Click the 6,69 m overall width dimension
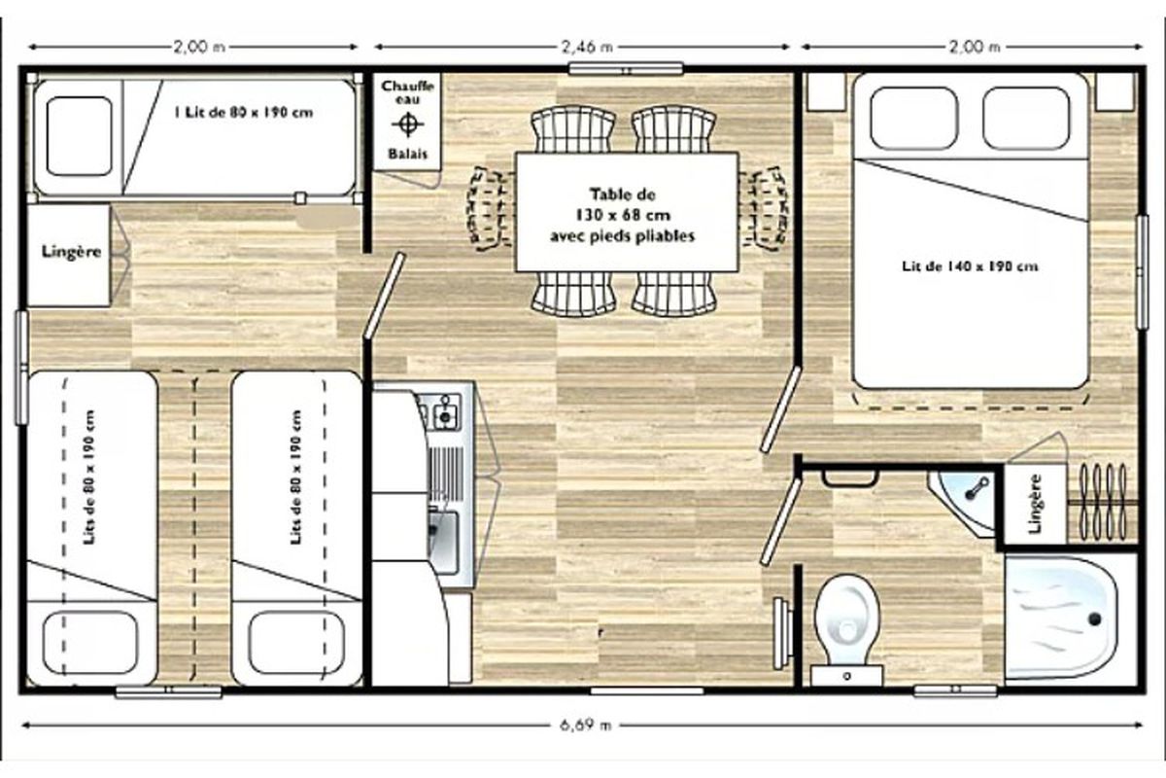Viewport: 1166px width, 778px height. [x=585, y=725]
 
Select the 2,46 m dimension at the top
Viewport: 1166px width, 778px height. [x=587, y=47]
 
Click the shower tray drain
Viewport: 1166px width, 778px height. [x=1094, y=619]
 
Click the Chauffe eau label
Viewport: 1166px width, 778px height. [x=407, y=92]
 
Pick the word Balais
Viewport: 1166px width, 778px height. [x=407, y=154]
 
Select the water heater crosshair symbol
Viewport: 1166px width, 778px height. [x=407, y=124]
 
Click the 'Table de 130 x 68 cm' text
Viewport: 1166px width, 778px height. [x=623, y=205]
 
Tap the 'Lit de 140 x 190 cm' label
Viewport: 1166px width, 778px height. [x=970, y=266]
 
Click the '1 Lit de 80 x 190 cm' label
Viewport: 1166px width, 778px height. [x=244, y=113]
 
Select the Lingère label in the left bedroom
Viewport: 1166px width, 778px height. [x=71, y=252]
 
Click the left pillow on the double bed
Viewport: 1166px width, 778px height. [x=914, y=119]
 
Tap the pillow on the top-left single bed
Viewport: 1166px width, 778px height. [x=79, y=136]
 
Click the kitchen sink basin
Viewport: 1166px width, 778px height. [x=444, y=542]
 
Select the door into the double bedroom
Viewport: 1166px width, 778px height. [x=780, y=409]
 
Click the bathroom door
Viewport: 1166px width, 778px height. [x=780, y=521]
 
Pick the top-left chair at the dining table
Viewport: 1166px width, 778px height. [x=573, y=129]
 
